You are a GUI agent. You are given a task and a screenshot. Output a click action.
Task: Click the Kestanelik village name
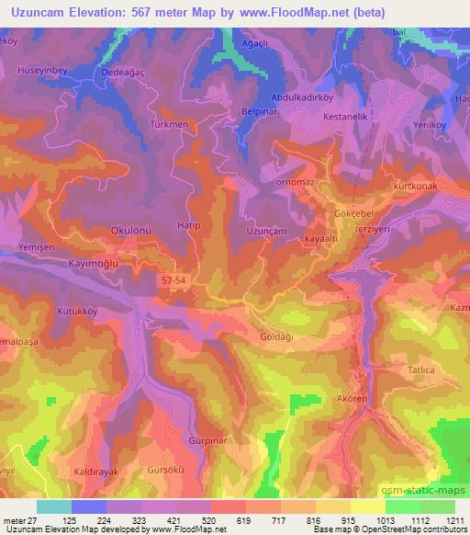[346, 118]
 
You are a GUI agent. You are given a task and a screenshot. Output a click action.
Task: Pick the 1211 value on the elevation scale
[456, 521]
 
